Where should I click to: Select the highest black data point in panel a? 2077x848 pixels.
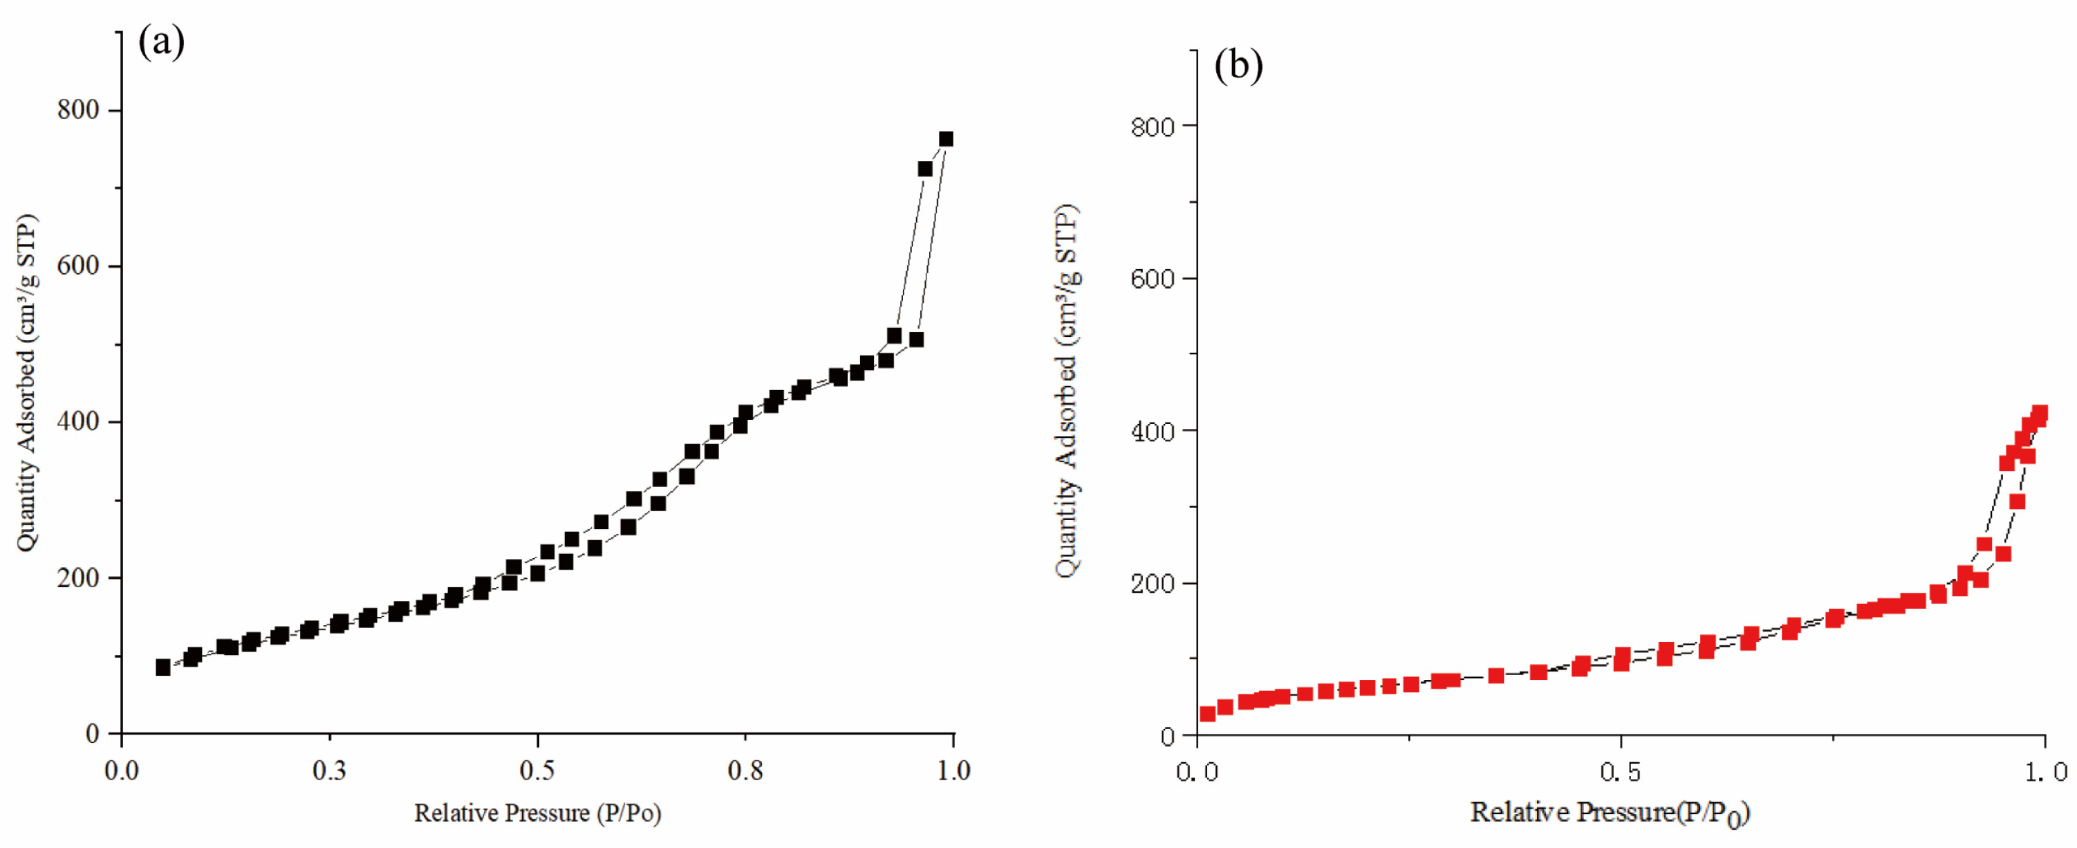click(x=946, y=140)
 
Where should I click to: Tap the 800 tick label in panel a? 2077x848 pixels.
click(x=78, y=110)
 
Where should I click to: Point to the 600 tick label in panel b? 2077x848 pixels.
click(x=1152, y=279)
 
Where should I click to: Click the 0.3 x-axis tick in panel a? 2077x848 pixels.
click(x=329, y=771)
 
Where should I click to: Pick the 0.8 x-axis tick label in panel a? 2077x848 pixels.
click(x=745, y=771)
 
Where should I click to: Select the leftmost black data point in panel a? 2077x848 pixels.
click(x=163, y=667)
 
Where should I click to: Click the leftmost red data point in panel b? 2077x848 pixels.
click(x=1207, y=713)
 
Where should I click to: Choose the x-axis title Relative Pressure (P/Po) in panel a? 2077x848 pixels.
click(x=538, y=813)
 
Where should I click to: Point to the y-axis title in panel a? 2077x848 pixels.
click(x=26, y=383)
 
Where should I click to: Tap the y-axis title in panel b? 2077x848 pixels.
click(x=1066, y=391)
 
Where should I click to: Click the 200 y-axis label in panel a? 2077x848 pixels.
click(x=78, y=578)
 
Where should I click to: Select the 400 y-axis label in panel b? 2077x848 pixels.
click(x=1152, y=432)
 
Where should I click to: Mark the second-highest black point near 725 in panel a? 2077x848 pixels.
click(x=925, y=169)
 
